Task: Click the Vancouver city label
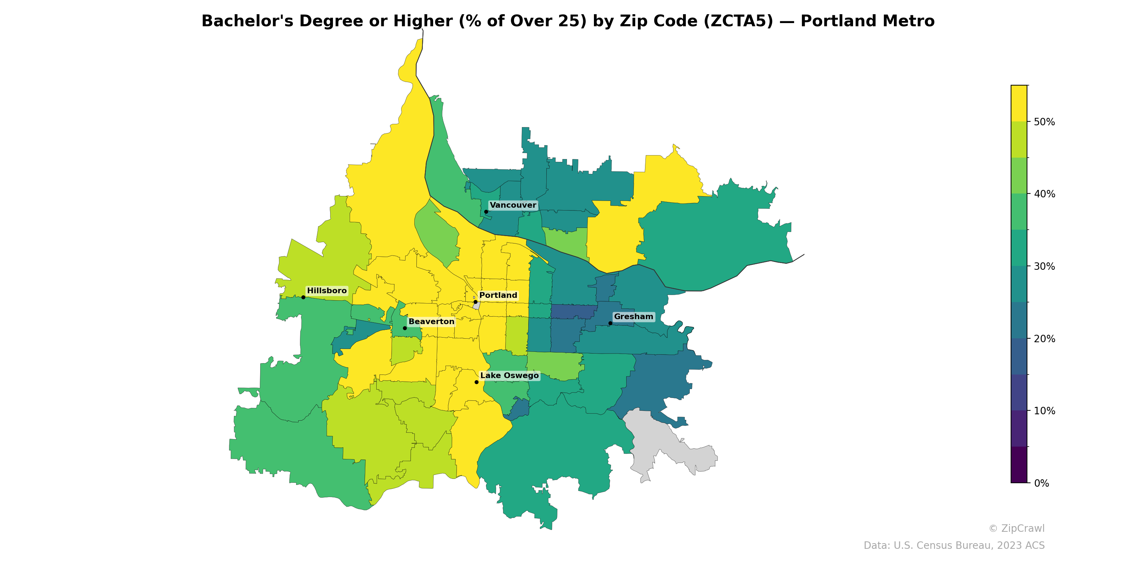(x=513, y=205)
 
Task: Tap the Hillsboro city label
(x=327, y=291)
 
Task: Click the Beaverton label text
(x=431, y=322)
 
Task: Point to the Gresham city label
(x=633, y=317)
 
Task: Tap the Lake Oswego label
(x=509, y=375)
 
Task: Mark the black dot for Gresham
(x=610, y=323)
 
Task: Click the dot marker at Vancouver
(x=486, y=212)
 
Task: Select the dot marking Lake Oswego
(x=476, y=382)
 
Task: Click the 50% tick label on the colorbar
(x=1044, y=122)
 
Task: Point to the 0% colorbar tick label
(x=1041, y=483)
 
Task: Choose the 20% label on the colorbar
(x=1044, y=339)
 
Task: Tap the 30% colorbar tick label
(x=1044, y=266)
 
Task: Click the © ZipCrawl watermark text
(x=1016, y=528)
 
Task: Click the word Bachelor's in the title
(x=247, y=21)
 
